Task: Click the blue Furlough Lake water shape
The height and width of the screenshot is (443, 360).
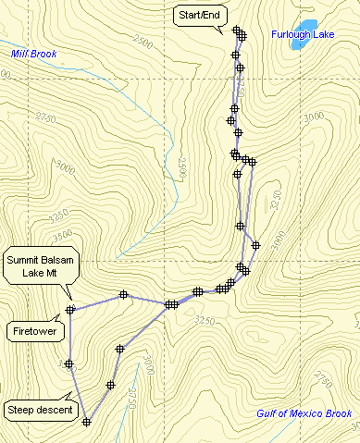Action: pos(306,24)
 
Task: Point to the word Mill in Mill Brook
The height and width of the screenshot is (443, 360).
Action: pos(20,54)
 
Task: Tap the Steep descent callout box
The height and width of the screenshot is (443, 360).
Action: pos(40,409)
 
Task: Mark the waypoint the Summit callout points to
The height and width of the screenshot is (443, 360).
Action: pos(69,309)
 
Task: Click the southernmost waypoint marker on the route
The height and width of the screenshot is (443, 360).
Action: pos(86,422)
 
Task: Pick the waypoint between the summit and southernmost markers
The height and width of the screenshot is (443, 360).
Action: pos(69,363)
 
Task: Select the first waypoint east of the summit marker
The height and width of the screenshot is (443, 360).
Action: pos(122,295)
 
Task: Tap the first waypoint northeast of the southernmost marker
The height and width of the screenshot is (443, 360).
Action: pos(110,385)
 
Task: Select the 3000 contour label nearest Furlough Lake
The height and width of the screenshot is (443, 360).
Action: pos(312,116)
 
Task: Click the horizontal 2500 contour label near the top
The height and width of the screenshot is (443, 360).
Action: pos(143,42)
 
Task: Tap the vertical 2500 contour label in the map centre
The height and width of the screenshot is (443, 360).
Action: pos(183,167)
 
